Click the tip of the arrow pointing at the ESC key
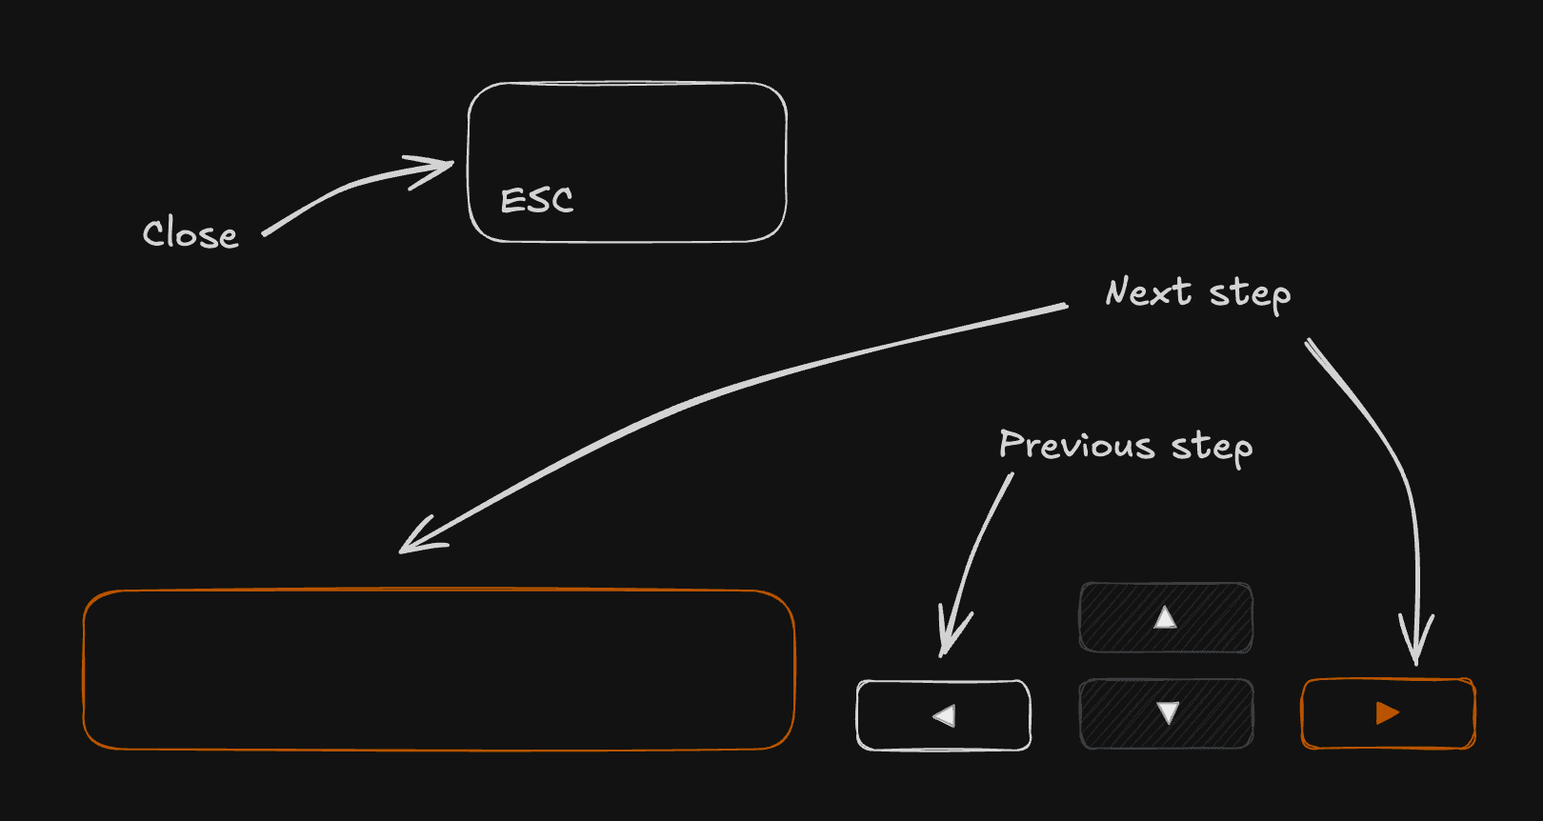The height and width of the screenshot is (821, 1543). point(454,163)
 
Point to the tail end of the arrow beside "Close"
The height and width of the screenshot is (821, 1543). point(264,235)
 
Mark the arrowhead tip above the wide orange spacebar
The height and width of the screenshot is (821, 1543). point(400,551)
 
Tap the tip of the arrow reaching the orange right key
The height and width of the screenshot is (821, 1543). point(1416,664)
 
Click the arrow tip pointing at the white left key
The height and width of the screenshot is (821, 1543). point(942,655)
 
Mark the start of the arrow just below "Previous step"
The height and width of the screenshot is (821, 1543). point(1012,474)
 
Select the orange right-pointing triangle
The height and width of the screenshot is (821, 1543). point(1386,712)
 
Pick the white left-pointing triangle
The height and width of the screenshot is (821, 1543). point(945,715)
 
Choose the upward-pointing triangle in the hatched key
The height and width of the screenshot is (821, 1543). point(1165,617)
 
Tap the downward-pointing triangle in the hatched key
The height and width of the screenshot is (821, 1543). point(1168,712)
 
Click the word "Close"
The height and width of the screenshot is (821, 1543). point(190,233)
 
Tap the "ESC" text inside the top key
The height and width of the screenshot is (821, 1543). point(536,200)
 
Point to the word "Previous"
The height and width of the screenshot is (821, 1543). point(1076,444)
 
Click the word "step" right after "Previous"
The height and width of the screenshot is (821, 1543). point(1212,448)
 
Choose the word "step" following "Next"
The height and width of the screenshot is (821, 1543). point(1251,294)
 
